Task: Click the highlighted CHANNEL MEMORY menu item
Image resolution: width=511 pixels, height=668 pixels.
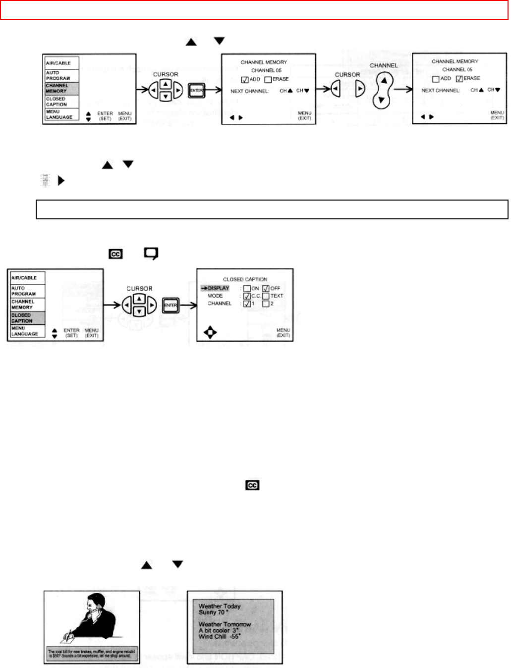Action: click(61, 88)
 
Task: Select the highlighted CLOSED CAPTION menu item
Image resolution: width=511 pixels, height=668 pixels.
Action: click(27, 318)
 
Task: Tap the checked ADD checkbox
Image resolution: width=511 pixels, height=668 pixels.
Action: click(245, 80)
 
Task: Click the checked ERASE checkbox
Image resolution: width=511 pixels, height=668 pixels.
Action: click(459, 79)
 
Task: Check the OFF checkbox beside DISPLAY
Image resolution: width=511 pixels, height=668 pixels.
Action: click(266, 288)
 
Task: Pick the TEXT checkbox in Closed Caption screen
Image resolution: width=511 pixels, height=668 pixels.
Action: click(266, 296)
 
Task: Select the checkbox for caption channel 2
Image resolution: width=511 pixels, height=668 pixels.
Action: click(266, 304)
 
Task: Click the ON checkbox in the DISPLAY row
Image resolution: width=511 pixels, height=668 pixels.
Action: click(247, 288)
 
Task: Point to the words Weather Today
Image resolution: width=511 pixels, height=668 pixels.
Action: click(220, 606)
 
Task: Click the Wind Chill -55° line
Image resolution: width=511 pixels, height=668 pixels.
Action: click(220, 637)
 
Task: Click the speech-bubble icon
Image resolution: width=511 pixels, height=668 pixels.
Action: click(151, 254)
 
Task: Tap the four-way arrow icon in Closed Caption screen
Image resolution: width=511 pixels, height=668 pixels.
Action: click(210, 332)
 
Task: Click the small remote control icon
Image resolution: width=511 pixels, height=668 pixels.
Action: click(45, 181)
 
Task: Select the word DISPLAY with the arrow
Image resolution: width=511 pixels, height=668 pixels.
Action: click(218, 288)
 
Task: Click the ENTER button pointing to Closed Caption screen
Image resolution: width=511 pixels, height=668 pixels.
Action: click(170, 306)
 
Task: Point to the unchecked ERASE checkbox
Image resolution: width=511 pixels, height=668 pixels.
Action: click(268, 80)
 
